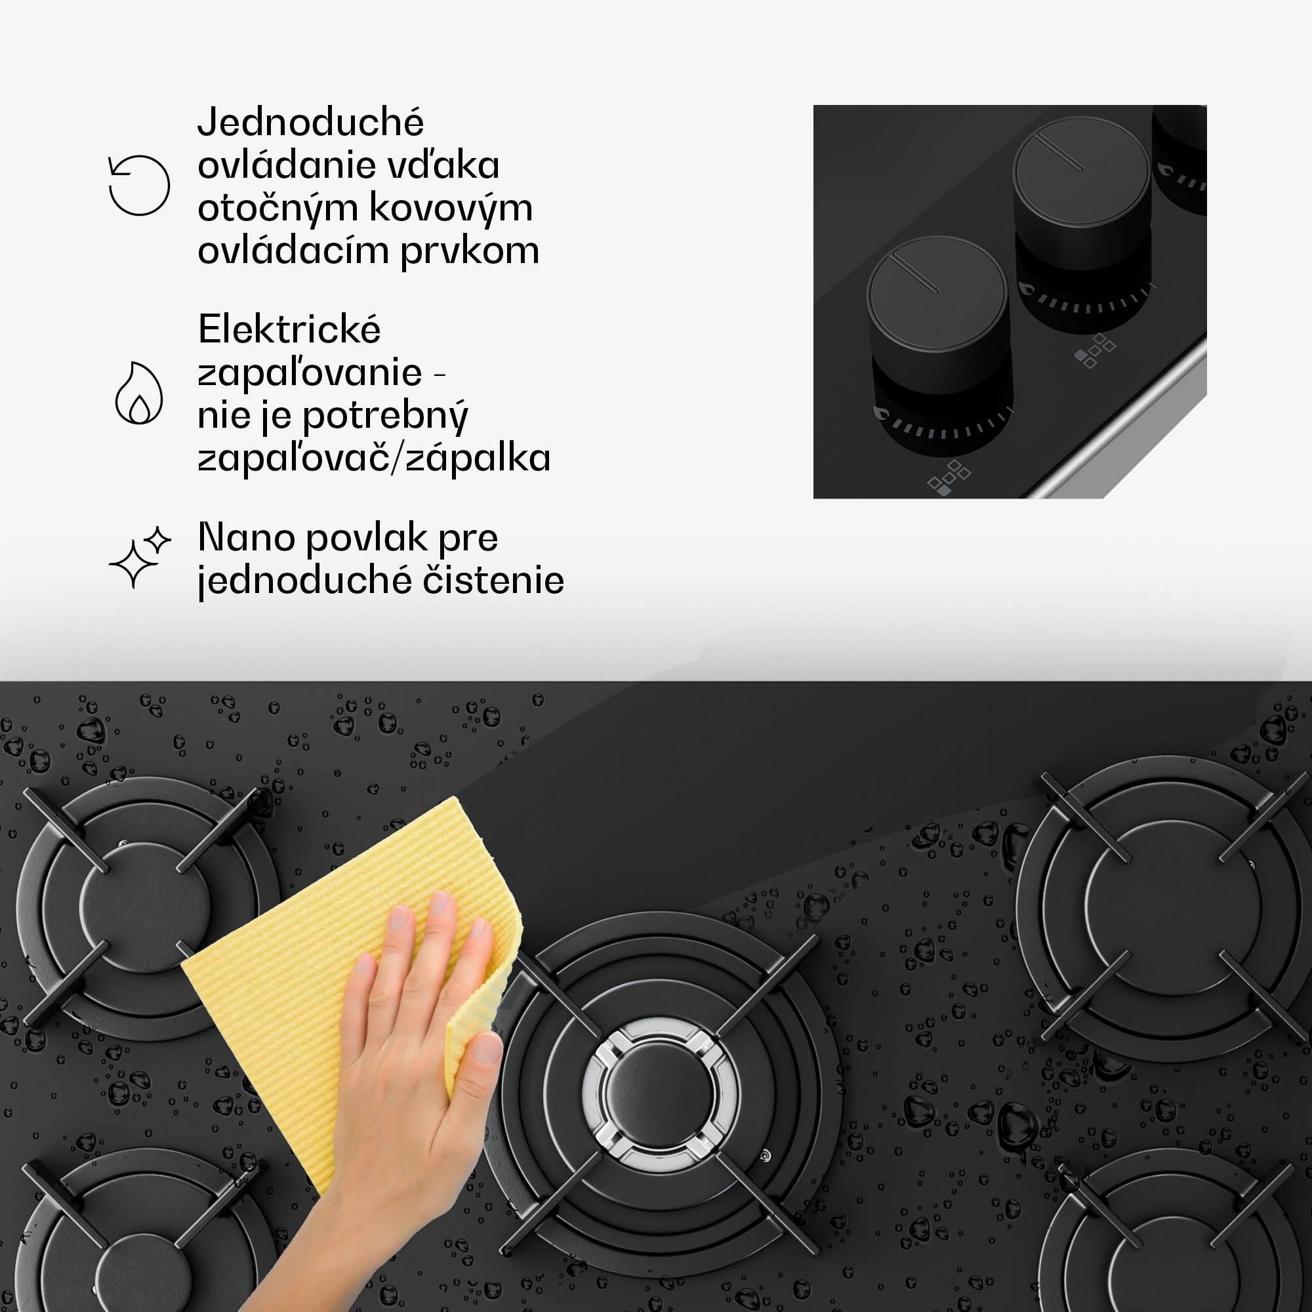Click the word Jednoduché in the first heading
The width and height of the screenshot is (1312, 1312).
(x=310, y=123)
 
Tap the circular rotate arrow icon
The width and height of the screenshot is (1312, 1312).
(x=139, y=186)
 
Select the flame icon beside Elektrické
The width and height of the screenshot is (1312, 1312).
(x=138, y=393)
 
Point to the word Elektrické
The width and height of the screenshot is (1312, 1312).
(x=289, y=330)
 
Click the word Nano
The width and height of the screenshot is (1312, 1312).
(x=245, y=538)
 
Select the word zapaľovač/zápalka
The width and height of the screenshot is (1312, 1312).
(x=374, y=458)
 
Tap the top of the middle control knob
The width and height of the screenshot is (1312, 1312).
(x=1082, y=171)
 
